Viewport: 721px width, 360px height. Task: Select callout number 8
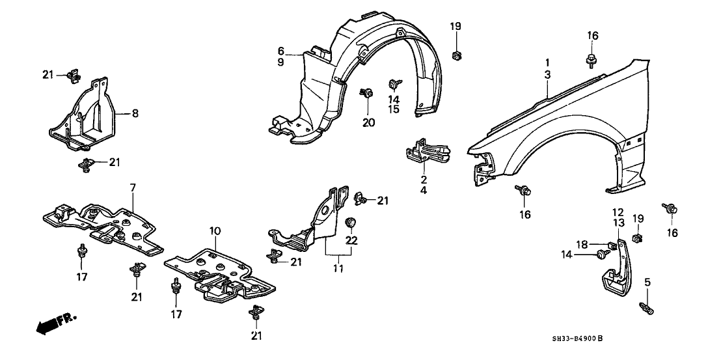pyautogui.click(x=135, y=113)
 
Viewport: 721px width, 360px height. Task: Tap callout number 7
pyautogui.click(x=132, y=187)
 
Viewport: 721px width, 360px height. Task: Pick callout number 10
pyautogui.click(x=215, y=231)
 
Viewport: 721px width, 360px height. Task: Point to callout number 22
pyautogui.click(x=351, y=241)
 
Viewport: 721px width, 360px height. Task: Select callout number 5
pyautogui.click(x=647, y=281)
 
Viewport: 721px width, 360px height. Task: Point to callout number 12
pyautogui.click(x=618, y=212)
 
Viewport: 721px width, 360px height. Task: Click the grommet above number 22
pyautogui.click(x=351, y=223)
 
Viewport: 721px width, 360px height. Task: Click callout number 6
pyautogui.click(x=281, y=51)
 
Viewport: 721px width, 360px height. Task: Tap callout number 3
pyautogui.click(x=548, y=76)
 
